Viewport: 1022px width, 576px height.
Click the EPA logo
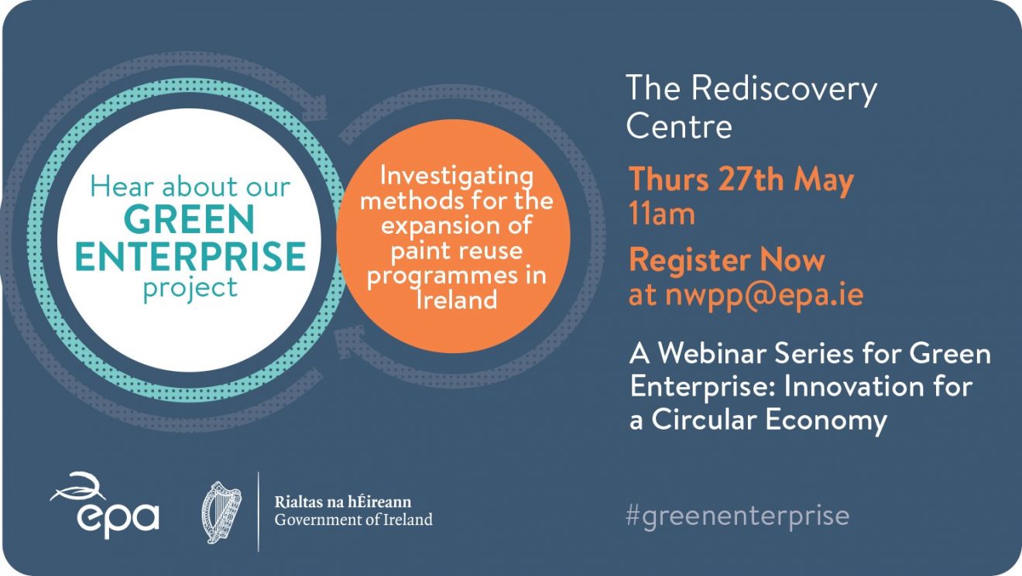click(x=105, y=506)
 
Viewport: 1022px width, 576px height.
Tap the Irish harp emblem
click(x=221, y=513)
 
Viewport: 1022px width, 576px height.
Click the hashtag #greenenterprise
click(x=737, y=516)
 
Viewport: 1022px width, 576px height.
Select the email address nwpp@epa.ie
click(x=764, y=295)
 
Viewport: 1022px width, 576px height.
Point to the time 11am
click(x=661, y=214)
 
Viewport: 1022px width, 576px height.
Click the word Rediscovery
click(x=784, y=89)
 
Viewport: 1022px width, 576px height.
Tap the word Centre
click(x=679, y=125)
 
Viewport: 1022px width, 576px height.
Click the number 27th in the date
click(x=752, y=179)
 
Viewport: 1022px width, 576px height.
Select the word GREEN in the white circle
click(x=189, y=219)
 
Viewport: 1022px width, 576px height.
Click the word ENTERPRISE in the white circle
click(x=190, y=255)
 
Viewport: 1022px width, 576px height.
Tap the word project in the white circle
click(x=190, y=288)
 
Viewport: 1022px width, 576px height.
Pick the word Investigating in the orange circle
click(x=456, y=177)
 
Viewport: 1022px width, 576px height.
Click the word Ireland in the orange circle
click(x=457, y=300)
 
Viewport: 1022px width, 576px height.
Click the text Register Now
click(x=727, y=260)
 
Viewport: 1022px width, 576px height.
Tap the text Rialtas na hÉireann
click(x=343, y=502)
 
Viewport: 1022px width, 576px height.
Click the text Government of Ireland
click(x=354, y=519)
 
